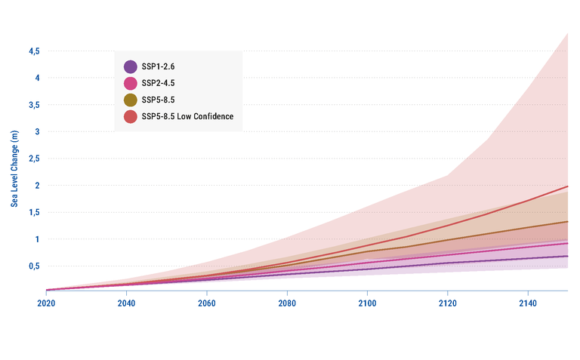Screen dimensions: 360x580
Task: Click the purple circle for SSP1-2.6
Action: coord(130,66)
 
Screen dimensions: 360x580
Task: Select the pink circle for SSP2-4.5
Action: coord(130,83)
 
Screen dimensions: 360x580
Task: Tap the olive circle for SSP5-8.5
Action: coord(130,100)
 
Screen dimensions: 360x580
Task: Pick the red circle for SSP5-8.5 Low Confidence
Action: coord(130,116)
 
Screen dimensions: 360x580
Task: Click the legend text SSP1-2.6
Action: coord(158,66)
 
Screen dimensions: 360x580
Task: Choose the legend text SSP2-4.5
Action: coord(158,83)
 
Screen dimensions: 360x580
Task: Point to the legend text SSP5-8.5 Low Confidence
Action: coord(187,116)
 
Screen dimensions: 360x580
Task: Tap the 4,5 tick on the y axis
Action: coord(34,51)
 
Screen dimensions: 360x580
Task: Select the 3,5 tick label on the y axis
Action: coord(34,105)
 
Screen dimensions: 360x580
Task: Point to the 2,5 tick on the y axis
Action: coord(34,158)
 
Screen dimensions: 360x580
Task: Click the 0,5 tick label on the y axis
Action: coord(34,266)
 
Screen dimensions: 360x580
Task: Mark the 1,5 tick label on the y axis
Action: coord(34,212)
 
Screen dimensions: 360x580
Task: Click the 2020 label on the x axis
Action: coord(46,303)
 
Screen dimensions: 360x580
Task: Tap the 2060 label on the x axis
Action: coord(206,303)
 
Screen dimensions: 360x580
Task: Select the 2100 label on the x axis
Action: coord(367,303)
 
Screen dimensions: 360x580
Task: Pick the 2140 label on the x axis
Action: coord(527,303)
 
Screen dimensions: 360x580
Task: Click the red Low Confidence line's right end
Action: coord(566,186)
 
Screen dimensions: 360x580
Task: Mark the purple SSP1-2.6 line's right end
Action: coord(566,256)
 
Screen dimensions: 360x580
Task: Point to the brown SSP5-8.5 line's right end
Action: coord(566,222)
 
